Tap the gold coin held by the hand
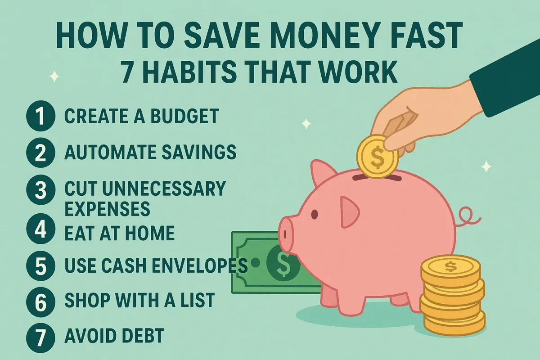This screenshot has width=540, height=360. [x=377, y=157]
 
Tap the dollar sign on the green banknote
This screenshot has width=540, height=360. [x=282, y=263]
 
